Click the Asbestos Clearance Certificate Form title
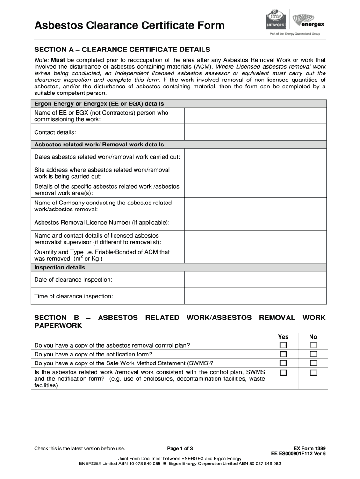[130, 25]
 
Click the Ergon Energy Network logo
[275, 20]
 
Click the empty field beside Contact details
[255, 132]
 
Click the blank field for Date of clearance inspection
[255, 279]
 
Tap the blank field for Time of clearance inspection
[255, 296]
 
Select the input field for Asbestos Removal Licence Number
[255, 222]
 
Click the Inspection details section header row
[180, 268]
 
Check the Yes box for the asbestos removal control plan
[283, 345]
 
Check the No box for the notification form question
[313, 354]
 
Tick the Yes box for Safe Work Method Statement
[283, 363]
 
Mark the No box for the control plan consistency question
[313, 373]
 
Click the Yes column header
[283, 337]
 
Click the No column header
[313, 337]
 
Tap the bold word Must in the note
[58, 60]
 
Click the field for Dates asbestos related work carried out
[255, 157]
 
